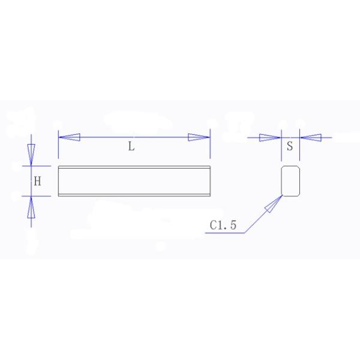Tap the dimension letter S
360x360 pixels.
(290, 146)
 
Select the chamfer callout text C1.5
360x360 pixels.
(224, 226)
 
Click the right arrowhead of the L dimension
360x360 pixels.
(199, 137)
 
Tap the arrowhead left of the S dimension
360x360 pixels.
(269, 137)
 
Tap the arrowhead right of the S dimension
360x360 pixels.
(310, 137)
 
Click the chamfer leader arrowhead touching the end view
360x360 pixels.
(273, 206)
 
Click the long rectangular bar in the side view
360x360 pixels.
(134, 181)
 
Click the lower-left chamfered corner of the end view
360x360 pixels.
(283, 195)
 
